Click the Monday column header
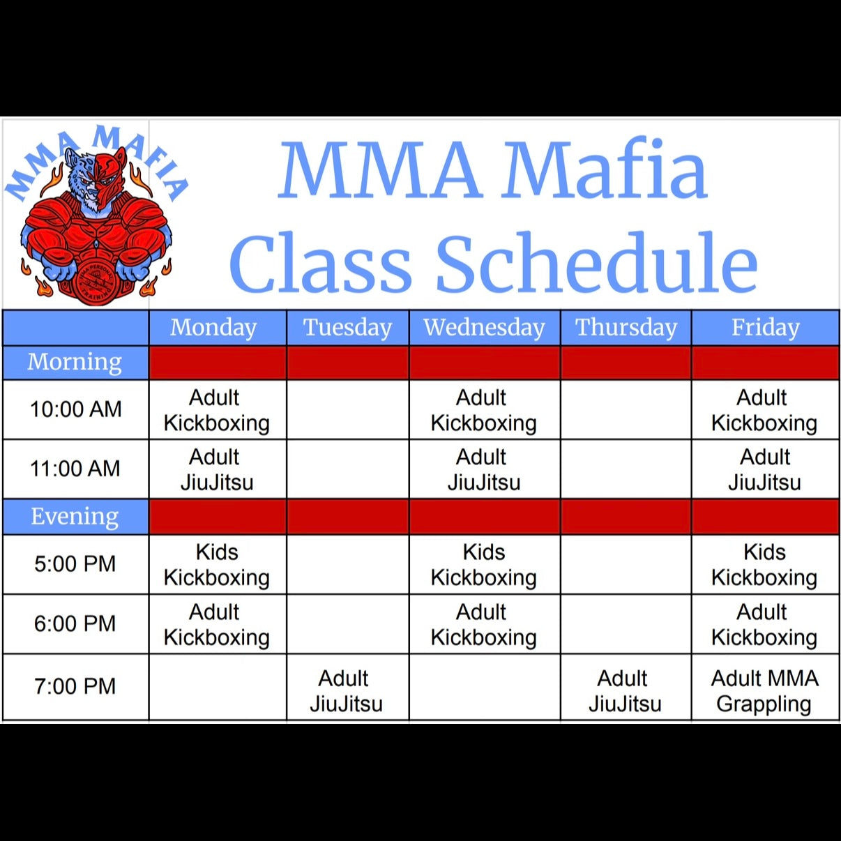213,327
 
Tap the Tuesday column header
347,327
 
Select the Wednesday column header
484,327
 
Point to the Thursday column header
626,327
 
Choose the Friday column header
766,327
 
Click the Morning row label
75,362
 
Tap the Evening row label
75,516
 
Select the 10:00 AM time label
75,409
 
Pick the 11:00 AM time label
75,469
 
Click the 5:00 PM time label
75,563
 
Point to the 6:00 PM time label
75,623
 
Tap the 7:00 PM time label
75,686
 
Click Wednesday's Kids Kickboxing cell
483,565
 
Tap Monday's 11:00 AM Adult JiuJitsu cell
217,469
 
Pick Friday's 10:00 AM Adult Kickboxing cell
764,410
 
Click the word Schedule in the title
597,263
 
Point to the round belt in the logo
96,282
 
